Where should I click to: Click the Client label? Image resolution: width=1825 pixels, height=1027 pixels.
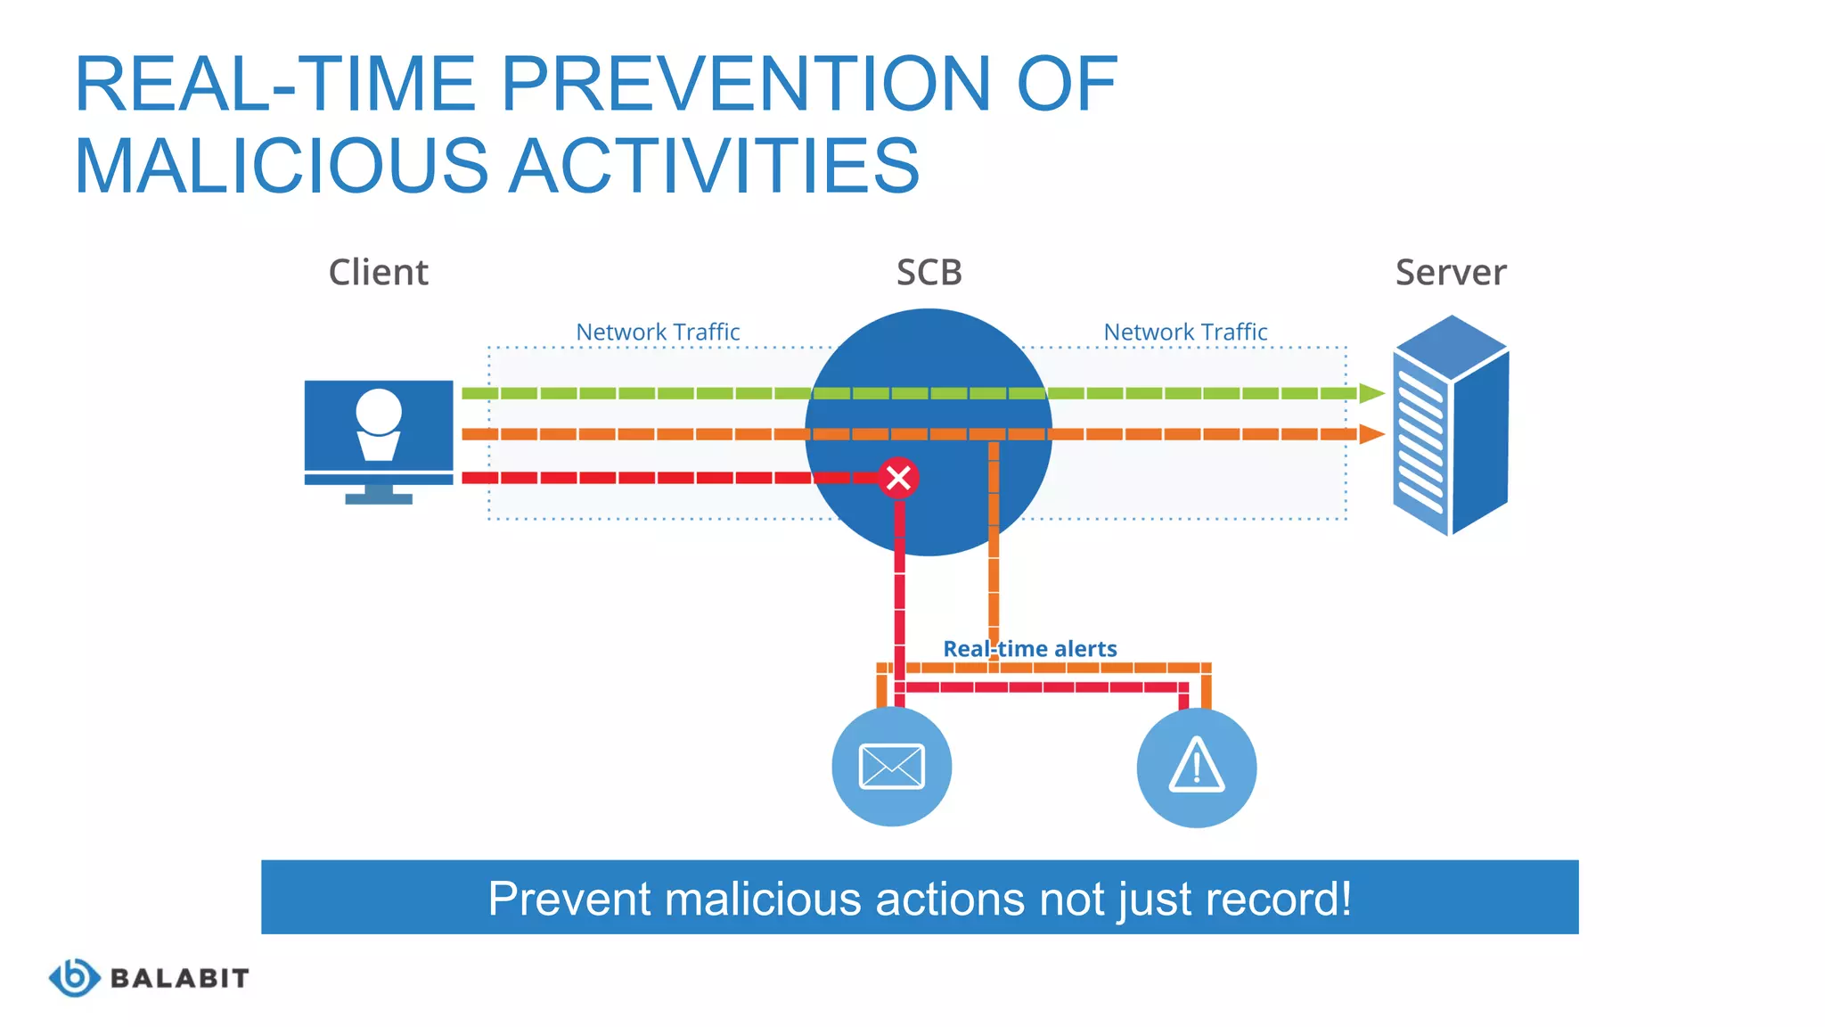[x=378, y=273]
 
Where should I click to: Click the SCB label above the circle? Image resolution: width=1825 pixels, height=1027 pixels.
[x=929, y=273]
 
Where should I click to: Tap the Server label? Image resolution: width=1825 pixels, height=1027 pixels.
[x=1450, y=273]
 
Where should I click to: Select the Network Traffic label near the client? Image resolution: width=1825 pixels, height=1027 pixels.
[x=658, y=332]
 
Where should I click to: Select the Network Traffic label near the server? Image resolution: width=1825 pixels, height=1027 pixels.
[x=1185, y=332]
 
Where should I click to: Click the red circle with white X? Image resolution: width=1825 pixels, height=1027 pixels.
[x=898, y=478]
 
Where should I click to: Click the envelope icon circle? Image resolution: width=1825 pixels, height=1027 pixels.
[x=891, y=767]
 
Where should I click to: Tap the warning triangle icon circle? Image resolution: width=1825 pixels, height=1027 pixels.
[x=1196, y=768]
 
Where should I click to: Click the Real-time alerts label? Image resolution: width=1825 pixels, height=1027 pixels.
[x=1029, y=649]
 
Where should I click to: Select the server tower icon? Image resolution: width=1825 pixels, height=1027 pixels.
[x=1450, y=425]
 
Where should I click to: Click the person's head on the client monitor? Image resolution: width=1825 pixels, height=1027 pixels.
[x=379, y=411]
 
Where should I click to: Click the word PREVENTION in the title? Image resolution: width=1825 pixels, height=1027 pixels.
[x=746, y=84]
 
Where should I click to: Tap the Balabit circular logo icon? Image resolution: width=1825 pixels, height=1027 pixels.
[x=74, y=978]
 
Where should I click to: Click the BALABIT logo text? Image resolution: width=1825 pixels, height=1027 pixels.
[x=179, y=979]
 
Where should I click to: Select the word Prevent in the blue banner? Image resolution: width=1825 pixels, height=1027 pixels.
[x=569, y=899]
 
